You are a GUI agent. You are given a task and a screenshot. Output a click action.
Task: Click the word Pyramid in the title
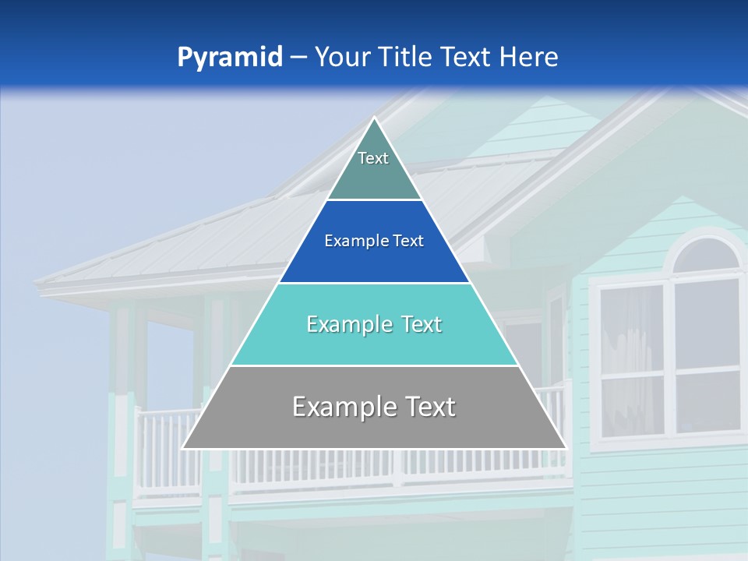click(230, 58)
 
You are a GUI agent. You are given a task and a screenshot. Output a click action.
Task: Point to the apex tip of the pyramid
click(375, 119)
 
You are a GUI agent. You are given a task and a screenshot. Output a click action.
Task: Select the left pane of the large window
click(631, 358)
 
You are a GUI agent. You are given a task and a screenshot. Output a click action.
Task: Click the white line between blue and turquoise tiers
click(374, 283)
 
